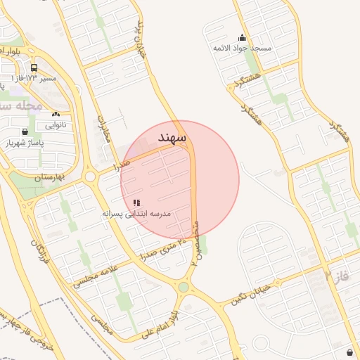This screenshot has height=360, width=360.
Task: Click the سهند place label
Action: (x=172, y=137)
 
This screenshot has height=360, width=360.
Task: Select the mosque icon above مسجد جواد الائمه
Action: (x=243, y=38)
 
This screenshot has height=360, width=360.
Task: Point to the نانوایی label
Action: (x=56, y=125)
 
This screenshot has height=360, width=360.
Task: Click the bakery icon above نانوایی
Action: (x=56, y=114)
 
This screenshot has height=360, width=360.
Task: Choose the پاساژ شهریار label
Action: (x=25, y=143)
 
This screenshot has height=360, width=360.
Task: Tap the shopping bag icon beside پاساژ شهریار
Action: (x=25, y=131)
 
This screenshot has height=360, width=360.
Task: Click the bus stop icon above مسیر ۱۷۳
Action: (x=34, y=67)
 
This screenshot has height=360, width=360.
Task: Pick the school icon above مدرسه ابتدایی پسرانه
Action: (x=136, y=202)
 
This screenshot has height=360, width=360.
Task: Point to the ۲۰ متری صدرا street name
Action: (x=162, y=249)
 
